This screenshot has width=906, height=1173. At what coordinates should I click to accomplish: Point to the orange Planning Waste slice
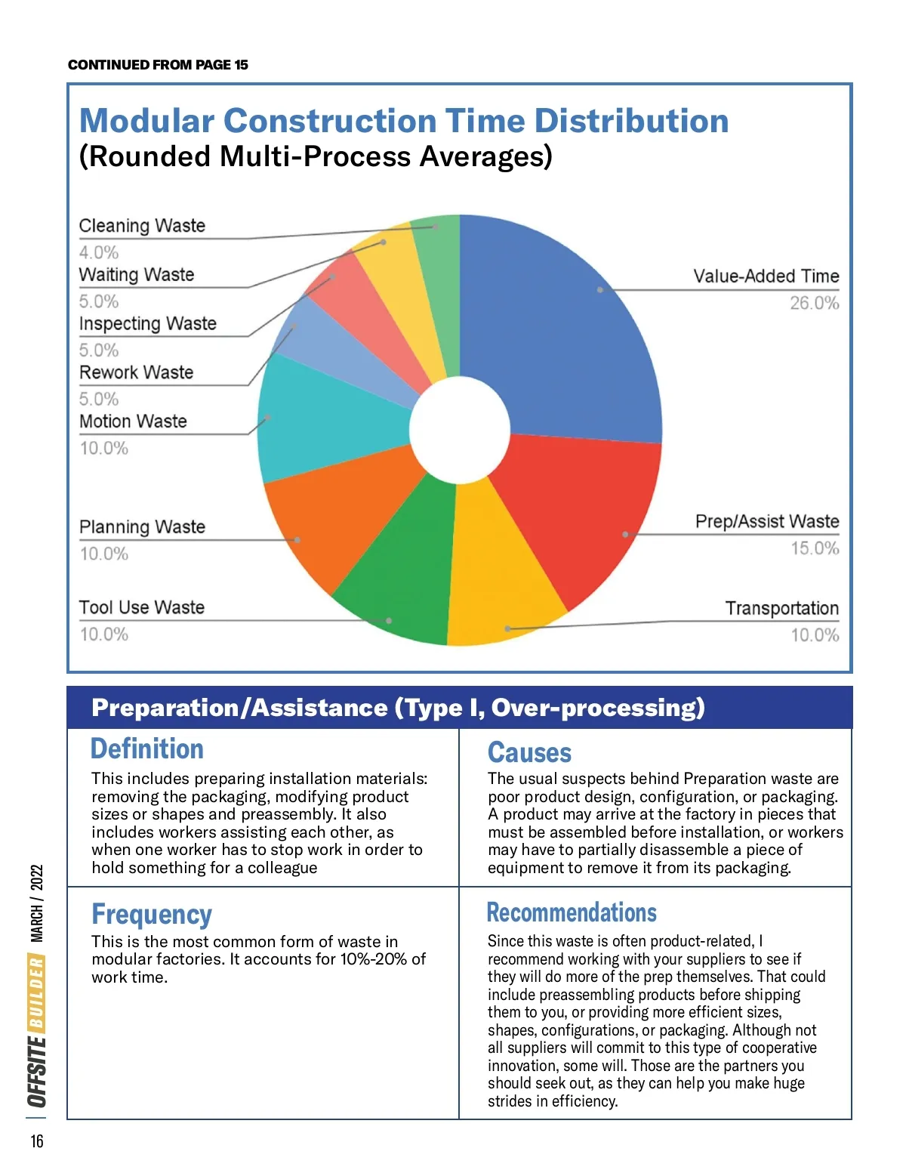click(x=332, y=521)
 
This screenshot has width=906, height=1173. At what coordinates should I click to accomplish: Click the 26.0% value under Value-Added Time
click(x=814, y=303)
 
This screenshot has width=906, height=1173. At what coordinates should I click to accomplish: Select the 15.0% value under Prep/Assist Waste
click(x=814, y=548)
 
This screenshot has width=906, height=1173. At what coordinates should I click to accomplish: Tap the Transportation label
click(x=781, y=609)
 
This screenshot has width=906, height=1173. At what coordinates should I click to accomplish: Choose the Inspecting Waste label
click(x=148, y=324)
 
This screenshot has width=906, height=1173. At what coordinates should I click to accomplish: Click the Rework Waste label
click(x=137, y=372)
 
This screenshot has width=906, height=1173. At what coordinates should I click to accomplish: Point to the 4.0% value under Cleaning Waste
click(x=99, y=252)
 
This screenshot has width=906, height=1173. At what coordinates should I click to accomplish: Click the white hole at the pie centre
click(x=460, y=430)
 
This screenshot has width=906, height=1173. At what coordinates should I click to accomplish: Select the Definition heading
click(x=147, y=749)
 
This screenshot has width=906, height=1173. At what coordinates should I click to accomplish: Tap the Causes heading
click(x=529, y=752)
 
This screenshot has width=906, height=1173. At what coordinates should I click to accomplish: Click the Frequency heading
click(x=152, y=914)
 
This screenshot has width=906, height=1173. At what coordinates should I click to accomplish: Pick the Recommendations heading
click(x=572, y=912)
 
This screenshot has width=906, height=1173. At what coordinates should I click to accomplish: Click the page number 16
click(x=37, y=1141)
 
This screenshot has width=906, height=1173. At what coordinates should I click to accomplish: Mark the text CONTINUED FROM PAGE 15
click(x=158, y=65)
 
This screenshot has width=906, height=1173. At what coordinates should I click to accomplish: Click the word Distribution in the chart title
click(x=631, y=121)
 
